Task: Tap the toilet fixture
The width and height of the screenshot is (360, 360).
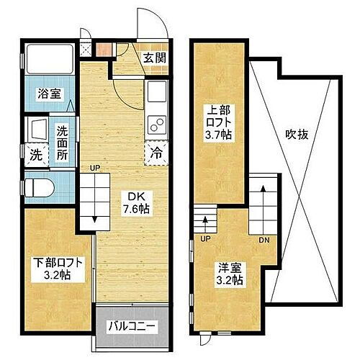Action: (40, 188)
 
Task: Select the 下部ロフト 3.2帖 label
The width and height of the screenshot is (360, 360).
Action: (53, 268)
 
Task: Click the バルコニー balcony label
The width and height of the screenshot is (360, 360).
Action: (133, 325)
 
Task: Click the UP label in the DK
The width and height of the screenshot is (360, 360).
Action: (94, 168)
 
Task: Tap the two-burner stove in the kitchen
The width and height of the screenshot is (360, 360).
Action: (156, 124)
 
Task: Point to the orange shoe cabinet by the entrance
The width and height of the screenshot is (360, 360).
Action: (105, 50)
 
